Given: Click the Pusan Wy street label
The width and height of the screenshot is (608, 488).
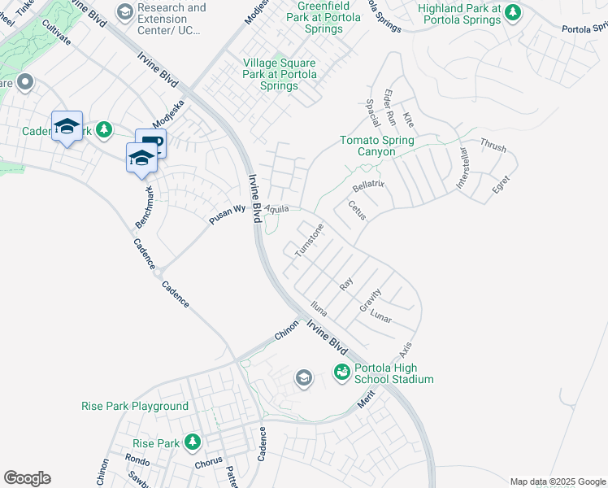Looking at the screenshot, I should tap(228, 210).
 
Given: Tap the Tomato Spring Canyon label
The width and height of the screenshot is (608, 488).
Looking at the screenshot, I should tap(376, 146).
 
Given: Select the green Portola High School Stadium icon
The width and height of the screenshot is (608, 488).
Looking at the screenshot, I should tap(341, 372).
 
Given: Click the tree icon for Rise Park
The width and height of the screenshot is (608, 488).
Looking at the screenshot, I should tap(193, 442).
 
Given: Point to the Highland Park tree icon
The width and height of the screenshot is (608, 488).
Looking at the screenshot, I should tap(512, 12).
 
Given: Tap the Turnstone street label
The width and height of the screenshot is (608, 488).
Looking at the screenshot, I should tap(309, 241).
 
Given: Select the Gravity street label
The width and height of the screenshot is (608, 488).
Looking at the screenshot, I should tap(370, 301).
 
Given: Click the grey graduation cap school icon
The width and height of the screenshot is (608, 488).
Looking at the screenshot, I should tap(303, 377).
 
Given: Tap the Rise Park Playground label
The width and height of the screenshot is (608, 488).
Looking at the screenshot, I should tap(135, 406).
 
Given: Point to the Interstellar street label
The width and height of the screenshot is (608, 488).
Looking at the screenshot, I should tap(463, 169).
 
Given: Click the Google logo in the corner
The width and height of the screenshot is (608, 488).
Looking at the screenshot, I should tap(27, 478).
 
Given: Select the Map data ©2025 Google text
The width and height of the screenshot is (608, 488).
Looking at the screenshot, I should tap(558, 481).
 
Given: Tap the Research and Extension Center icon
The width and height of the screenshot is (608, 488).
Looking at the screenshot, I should tap(124, 11).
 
